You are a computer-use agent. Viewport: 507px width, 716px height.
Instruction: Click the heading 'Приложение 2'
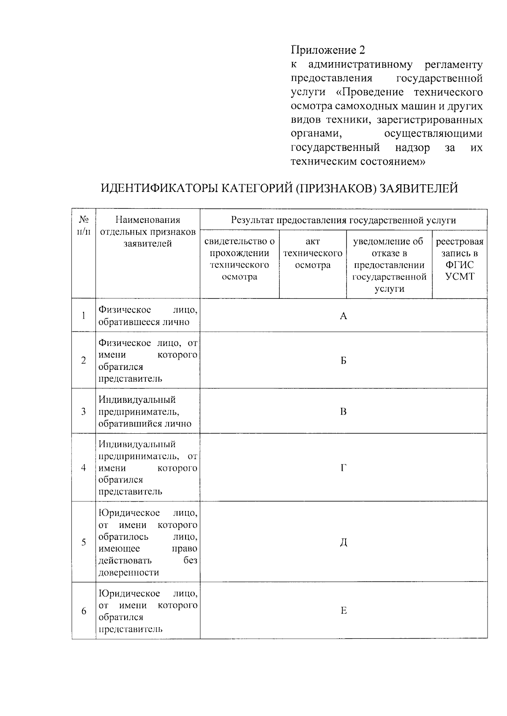328,50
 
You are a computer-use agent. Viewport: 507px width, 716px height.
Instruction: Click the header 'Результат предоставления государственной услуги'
343,220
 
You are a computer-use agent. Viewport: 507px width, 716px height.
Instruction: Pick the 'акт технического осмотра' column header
313,253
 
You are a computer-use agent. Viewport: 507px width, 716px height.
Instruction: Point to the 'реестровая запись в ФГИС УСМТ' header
459,259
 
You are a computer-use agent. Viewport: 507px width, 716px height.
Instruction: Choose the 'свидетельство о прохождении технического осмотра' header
240,259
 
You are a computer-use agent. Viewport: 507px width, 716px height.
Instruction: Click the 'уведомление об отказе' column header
389,265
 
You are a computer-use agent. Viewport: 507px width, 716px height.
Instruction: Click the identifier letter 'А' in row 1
343,316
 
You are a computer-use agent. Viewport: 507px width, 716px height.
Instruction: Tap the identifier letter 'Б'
343,361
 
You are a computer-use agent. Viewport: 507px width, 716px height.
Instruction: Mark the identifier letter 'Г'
343,468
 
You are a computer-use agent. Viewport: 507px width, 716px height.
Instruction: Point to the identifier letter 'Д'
343,543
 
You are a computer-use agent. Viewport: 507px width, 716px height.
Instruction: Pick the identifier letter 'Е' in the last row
343,611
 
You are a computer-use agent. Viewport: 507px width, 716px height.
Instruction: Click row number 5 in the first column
84,543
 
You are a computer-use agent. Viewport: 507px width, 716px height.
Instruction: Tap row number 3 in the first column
84,412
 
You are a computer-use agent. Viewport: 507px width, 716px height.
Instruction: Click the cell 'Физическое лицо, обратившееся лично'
147,316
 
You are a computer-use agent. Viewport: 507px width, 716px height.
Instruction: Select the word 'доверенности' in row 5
129,573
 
